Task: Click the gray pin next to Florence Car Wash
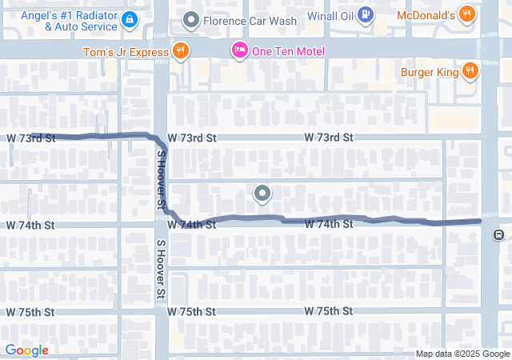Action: point(191,18)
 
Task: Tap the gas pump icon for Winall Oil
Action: point(365,14)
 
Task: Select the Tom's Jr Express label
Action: point(126,53)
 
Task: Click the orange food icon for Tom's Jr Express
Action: point(182,52)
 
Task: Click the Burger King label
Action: point(430,72)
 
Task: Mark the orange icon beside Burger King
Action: point(470,71)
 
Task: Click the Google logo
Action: point(26,350)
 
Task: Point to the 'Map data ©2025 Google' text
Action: point(462,354)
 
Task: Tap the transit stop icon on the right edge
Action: point(498,234)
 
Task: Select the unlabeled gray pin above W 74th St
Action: point(262,193)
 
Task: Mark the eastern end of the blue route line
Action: point(478,220)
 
